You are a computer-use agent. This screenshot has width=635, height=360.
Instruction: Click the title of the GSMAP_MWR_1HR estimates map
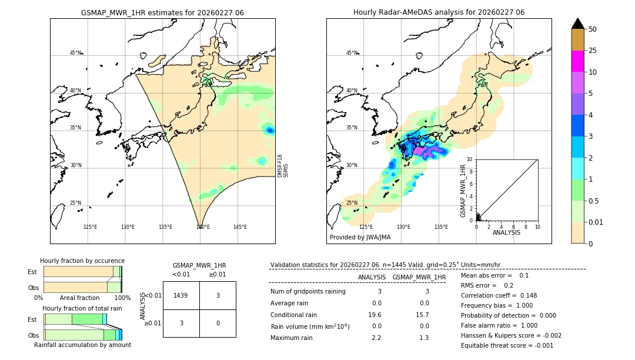pyautogui.click(x=162, y=12)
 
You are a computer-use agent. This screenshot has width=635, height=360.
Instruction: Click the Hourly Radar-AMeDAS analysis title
pyautogui.click(x=439, y=12)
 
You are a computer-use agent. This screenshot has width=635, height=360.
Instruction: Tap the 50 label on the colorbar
pyautogui.click(x=593, y=29)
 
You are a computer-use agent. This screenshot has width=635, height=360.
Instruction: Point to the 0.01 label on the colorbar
pyautogui.click(x=597, y=222)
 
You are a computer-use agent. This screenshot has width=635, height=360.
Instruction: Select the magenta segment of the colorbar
pyautogui.click(x=577, y=61)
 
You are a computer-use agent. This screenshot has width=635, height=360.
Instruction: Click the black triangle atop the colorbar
pyautogui.click(x=577, y=24)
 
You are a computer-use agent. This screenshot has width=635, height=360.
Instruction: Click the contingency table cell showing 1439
pyautogui.click(x=181, y=295)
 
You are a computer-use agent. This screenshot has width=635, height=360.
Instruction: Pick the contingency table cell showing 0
pyautogui.click(x=218, y=323)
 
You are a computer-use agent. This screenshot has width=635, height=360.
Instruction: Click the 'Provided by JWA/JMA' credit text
pyautogui.click(x=360, y=237)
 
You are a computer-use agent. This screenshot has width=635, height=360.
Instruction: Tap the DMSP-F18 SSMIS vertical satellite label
pyautogui.click(x=282, y=166)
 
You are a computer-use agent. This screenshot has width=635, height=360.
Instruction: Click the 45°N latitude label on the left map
pyautogui.click(x=75, y=53)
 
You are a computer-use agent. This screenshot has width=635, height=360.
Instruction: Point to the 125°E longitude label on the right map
pyautogui.click(x=366, y=227)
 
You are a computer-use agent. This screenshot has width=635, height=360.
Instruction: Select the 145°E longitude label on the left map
pyautogui.click(x=240, y=227)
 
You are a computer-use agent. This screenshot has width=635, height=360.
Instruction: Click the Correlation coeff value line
pyautogui.click(x=499, y=295)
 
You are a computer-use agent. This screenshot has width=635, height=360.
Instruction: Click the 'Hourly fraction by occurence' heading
pyautogui.click(x=82, y=261)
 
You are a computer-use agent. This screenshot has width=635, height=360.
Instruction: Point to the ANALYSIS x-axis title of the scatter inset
pyautogui.click(x=506, y=232)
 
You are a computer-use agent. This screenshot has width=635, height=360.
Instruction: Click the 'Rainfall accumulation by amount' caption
pyautogui.click(x=82, y=345)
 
